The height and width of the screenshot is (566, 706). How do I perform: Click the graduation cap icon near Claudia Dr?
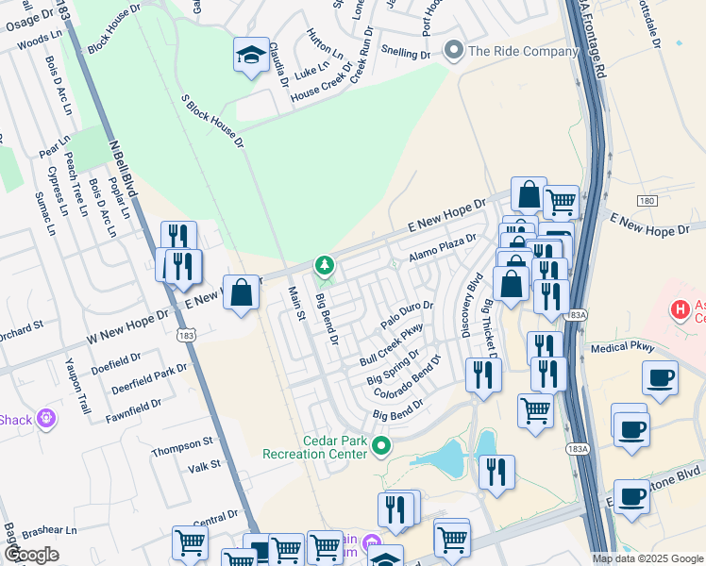tap(252, 54)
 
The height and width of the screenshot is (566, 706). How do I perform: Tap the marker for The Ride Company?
tap(455, 50)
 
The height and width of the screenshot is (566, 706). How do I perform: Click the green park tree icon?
tap(325, 266)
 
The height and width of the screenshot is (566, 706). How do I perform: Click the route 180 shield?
tap(646, 201)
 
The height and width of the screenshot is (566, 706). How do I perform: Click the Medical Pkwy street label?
tap(622, 347)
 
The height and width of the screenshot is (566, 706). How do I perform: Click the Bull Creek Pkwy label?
tap(391, 345)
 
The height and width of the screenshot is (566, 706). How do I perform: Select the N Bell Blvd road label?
tap(124, 169)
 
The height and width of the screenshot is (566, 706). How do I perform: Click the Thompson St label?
tap(183, 443)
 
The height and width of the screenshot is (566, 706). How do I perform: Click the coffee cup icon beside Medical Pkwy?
tap(660, 376)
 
